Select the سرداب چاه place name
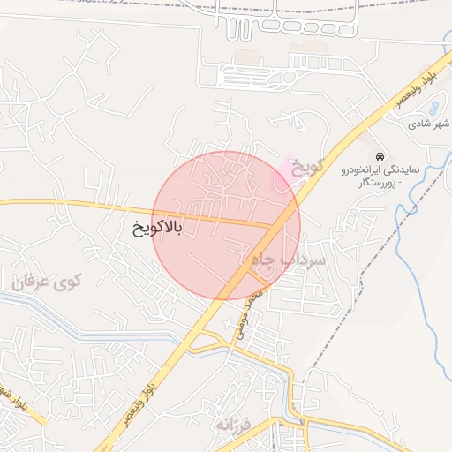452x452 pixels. click(x=289, y=260)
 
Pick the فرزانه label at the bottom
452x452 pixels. click(x=232, y=424)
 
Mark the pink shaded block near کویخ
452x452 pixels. click(x=284, y=173)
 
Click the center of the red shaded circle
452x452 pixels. click(x=227, y=225)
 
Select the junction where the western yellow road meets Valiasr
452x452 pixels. click(x=271, y=226)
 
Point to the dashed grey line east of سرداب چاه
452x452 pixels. click(x=360, y=282)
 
